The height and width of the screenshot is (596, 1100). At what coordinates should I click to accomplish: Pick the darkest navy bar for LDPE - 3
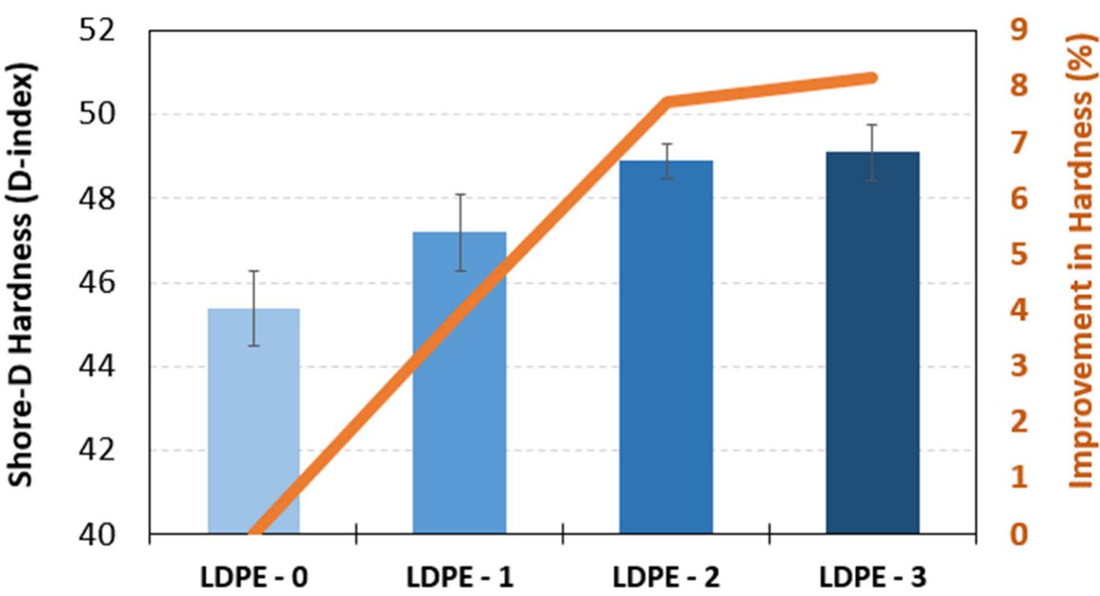(872, 346)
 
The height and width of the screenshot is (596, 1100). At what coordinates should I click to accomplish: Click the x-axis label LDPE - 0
(253, 577)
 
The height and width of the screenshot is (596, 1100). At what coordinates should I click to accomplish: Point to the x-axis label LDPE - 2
(665, 577)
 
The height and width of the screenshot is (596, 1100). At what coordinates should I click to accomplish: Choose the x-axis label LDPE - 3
(872, 577)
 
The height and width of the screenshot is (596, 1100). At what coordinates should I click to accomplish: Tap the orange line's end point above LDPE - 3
(872, 78)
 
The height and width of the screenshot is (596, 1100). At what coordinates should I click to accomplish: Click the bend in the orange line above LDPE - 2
(667, 101)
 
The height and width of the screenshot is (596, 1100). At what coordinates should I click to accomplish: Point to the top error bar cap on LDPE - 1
(459, 194)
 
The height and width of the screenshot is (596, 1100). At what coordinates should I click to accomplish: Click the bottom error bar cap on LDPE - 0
(253, 346)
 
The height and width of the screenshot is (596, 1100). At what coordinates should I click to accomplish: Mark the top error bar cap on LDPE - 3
(872, 125)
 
